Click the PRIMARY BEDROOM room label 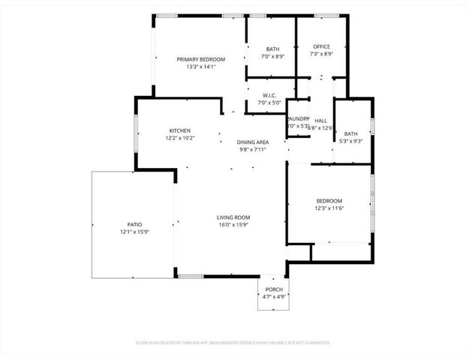pos(196,59)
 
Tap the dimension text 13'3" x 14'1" pos(196,67)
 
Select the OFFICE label pos(320,46)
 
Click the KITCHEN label pos(179,130)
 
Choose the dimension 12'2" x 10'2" pos(179,138)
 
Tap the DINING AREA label pos(253,142)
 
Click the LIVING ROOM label pos(233,217)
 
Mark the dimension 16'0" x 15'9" pos(233,224)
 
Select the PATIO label pos(134,224)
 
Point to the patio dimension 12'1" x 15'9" pos(134,232)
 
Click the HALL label pos(321,121)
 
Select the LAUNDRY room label pos(298,118)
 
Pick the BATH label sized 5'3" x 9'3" pos(351,133)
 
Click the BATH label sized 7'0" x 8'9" pos(272,49)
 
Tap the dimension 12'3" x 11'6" pos(329,208)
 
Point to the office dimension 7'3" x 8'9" pos(320,54)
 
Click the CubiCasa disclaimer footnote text pos(233,342)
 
